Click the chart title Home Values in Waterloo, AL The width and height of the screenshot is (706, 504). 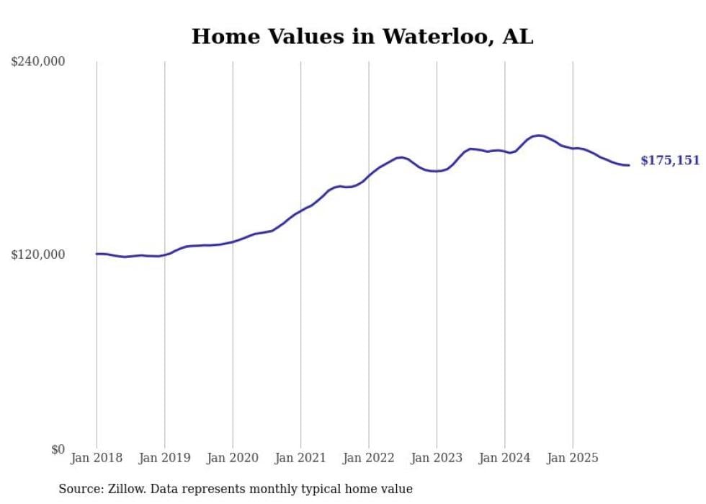pyautogui.click(x=362, y=37)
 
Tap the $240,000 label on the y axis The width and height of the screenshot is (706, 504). pyautogui.click(x=38, y=62)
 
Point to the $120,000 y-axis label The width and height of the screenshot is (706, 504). pyautogui.click(x=38, y=255)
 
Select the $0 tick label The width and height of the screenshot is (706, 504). pyautogui.click(x=58, y=449)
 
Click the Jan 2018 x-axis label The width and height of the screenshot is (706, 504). pyautogui.click(x=97, y=458)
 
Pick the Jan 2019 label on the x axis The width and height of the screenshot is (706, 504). pyautogui.click(x=164, y=458)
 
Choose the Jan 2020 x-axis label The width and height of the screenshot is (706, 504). pyautogui.click(x=233, y=458)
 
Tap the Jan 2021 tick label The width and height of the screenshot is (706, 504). pyautogui.click(x=300, y=458)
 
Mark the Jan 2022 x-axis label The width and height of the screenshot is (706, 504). pyautogui.click(x=368, y=458)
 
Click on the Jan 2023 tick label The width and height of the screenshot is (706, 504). pyautogui.click(x=437, y=458)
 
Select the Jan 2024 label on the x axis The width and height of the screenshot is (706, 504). pyautogui.click(x=504, y=458)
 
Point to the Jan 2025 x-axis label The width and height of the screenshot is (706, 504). pyautogui.click(x=573, y=458)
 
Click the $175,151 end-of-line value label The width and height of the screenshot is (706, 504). pyautogui.click(x=670, y=160)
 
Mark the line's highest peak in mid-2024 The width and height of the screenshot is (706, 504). pyautogui.click(x=537, y=136)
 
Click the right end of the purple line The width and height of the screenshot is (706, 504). pyautogui.click(x=629, y=165)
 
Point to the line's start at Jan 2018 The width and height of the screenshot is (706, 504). pyautogui.click(x=97, y=254)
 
